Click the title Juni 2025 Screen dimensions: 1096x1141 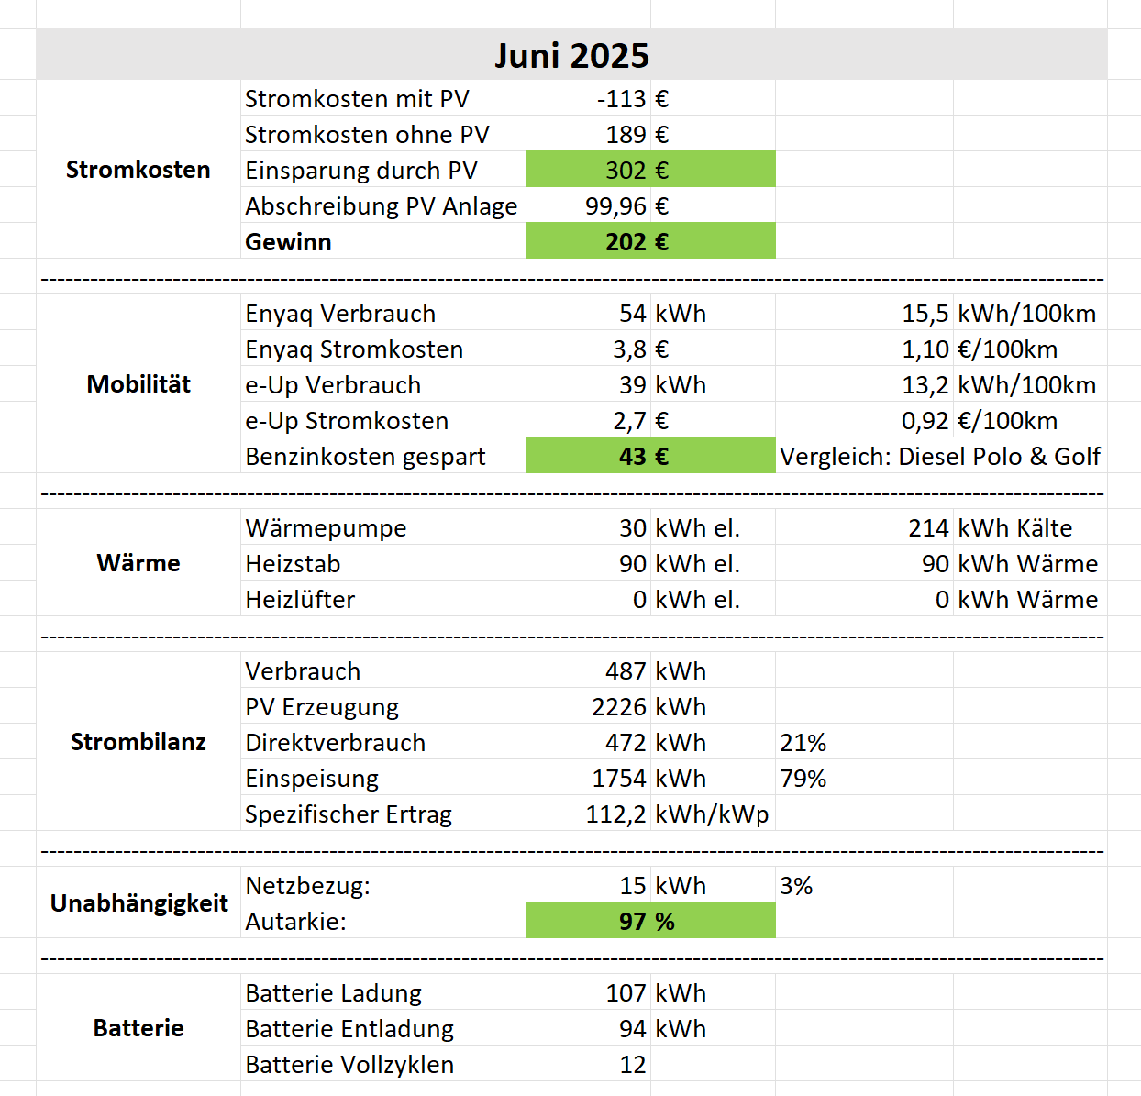pyautogui.click(x=571, y=55)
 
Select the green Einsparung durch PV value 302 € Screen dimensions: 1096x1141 pyautogui.click(x=637, y=170)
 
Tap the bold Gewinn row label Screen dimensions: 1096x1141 pyautogui.click(x=288, y=242)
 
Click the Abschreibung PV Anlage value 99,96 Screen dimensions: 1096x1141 pyautogui.click(x=616, y=206)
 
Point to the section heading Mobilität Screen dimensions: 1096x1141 pyautogui.click(x=138, y=384)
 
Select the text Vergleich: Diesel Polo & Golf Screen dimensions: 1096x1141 pyautogui.click(x=939, y=456)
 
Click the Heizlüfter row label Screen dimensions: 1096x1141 pyautogui.click(x=300, y=600)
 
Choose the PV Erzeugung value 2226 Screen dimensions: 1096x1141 pyautogui.click(x=619, y=707)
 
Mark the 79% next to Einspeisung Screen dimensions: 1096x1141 pyautogui.click(x=803, y=779)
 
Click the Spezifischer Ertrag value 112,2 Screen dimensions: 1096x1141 pyautogui.click(x=616, y=814)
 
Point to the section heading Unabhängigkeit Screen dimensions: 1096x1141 pyautogui.click(x=138, y=903)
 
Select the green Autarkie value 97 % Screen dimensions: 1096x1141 pyautogui.click(x=647, y=922)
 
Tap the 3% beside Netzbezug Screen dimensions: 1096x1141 pyautogui.click(x=796, y=886)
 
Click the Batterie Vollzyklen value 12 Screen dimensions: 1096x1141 pyautogui.click(x=633, y=1065)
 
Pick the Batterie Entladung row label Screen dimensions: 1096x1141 pyautogui.click(x=349, y=1029)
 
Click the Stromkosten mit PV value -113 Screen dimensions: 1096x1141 pyautogui.click(x=622, y=99)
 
